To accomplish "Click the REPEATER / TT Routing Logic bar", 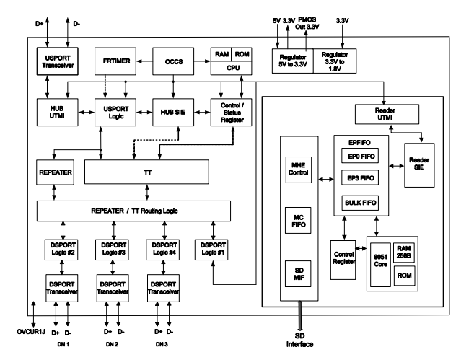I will coord(133,211).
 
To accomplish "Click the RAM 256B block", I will coord(405,250).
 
